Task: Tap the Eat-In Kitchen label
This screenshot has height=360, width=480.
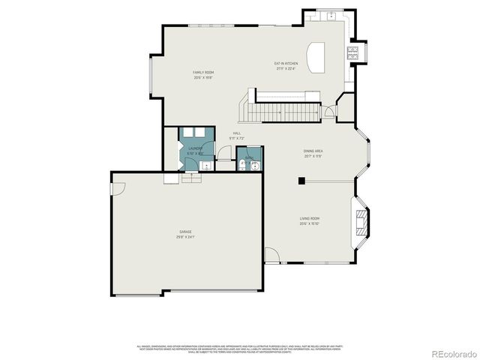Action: point(286,64)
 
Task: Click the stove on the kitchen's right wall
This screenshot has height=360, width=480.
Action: point(352,52)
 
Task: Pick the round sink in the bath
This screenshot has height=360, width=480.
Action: point(255,166)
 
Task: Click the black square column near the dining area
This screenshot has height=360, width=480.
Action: point(301,180)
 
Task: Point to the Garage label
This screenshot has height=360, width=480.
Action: point(184,232)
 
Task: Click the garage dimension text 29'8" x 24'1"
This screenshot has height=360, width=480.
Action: point(184,237)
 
